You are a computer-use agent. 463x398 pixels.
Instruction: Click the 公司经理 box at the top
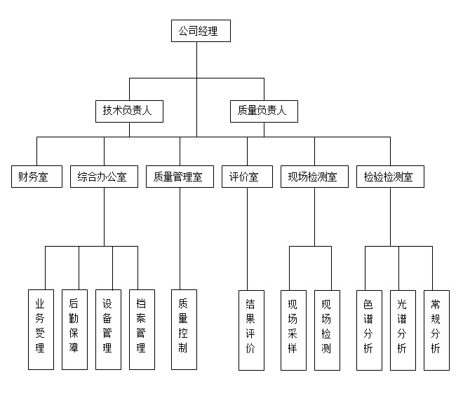[201, 31]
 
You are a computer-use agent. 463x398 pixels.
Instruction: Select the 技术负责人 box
[129, 110]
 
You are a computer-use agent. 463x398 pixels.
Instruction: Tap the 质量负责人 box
[263, 110]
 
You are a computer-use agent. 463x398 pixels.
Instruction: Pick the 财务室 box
[36, 177]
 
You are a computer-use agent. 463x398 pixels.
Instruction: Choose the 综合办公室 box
[104, 177]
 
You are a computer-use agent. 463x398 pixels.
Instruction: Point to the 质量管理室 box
[180, 177]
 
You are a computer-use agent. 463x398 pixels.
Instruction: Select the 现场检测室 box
[314, 177]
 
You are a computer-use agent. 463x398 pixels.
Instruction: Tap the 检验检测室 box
[389, 177]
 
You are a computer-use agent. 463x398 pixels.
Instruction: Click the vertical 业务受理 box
[41, 329]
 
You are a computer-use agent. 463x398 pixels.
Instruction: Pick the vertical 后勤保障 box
[74, 329]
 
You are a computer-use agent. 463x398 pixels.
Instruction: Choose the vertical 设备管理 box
[108, 329]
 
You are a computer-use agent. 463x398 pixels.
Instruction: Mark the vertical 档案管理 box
[142, 329]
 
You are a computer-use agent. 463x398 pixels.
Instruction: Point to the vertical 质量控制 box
[184, 329]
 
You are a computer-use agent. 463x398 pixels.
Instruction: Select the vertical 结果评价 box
[251, 329]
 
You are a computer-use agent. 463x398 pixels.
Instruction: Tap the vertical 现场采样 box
[293, 329]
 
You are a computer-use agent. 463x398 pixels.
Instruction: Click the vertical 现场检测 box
[327, 329]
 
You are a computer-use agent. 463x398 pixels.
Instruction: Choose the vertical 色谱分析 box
[369, 329]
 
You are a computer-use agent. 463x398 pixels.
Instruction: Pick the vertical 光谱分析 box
[403, 329]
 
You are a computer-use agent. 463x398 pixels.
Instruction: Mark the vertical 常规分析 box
[436, 329]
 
